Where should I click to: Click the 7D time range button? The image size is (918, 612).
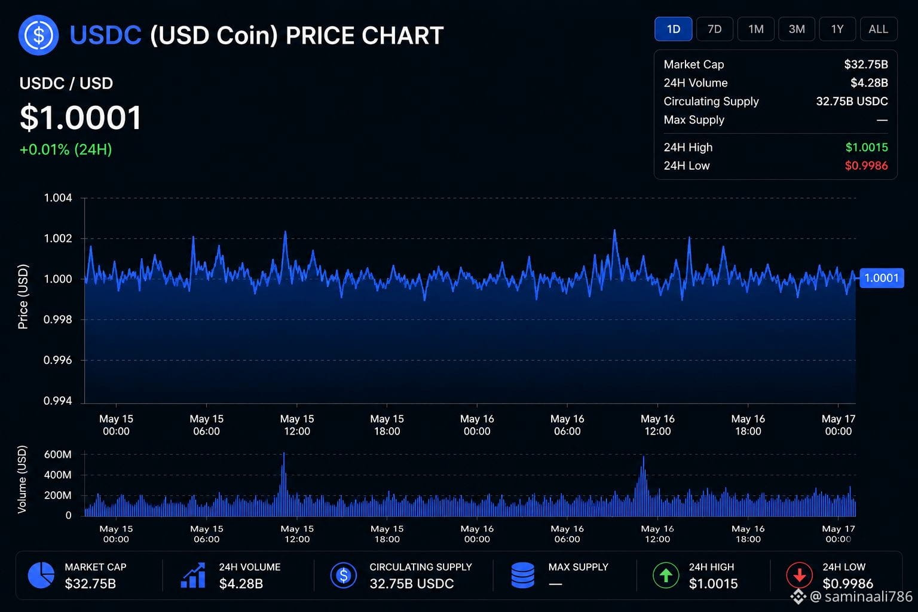click(714, 29)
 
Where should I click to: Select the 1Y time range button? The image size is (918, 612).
click(837, 29)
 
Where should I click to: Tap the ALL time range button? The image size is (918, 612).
click(878, 29)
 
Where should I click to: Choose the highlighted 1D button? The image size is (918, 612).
click(674, 29)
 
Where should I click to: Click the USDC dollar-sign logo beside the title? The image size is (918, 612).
click(38, 35)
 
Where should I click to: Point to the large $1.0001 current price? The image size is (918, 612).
click(81, 118)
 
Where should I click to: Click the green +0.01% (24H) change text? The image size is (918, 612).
click(66, 149)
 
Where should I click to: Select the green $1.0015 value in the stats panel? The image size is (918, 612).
click(867, 147)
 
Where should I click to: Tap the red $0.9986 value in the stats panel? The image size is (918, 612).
click(867, 166)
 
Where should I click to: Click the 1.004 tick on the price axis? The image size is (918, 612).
click(58, 198)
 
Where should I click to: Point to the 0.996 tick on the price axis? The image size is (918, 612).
click(58, 360)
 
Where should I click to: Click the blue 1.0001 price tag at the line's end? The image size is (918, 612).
click(882, 279)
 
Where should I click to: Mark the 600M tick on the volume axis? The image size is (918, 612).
click(58, 455)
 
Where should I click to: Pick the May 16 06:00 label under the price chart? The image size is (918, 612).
click(567, 425)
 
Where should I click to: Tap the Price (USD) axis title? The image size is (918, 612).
click(23, 296)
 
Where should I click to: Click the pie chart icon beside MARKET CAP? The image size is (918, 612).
click(41, 575)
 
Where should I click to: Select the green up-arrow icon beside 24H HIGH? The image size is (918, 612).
click(666, 575)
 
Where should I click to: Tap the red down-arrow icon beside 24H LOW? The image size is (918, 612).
click(800, 575)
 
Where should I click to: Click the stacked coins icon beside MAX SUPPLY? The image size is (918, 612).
click(523, 575)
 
